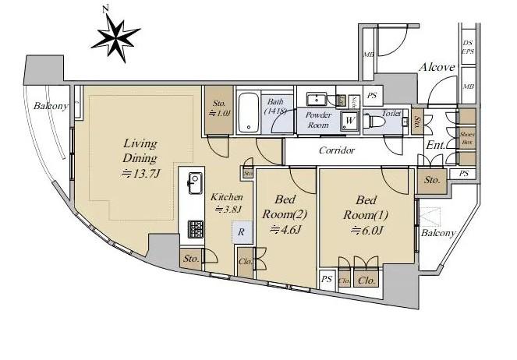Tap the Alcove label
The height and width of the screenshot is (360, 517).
[437, 68]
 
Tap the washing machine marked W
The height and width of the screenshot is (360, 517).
[350, 121]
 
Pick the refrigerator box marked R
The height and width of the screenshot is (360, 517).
[243, 231]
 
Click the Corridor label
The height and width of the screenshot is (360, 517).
[337, 150]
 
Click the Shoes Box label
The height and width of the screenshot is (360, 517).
[467, 139]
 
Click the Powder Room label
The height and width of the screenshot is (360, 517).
[317, 120]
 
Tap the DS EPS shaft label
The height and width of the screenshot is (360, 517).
[468, 48]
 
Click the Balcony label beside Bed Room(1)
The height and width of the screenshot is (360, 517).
[438, 233]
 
